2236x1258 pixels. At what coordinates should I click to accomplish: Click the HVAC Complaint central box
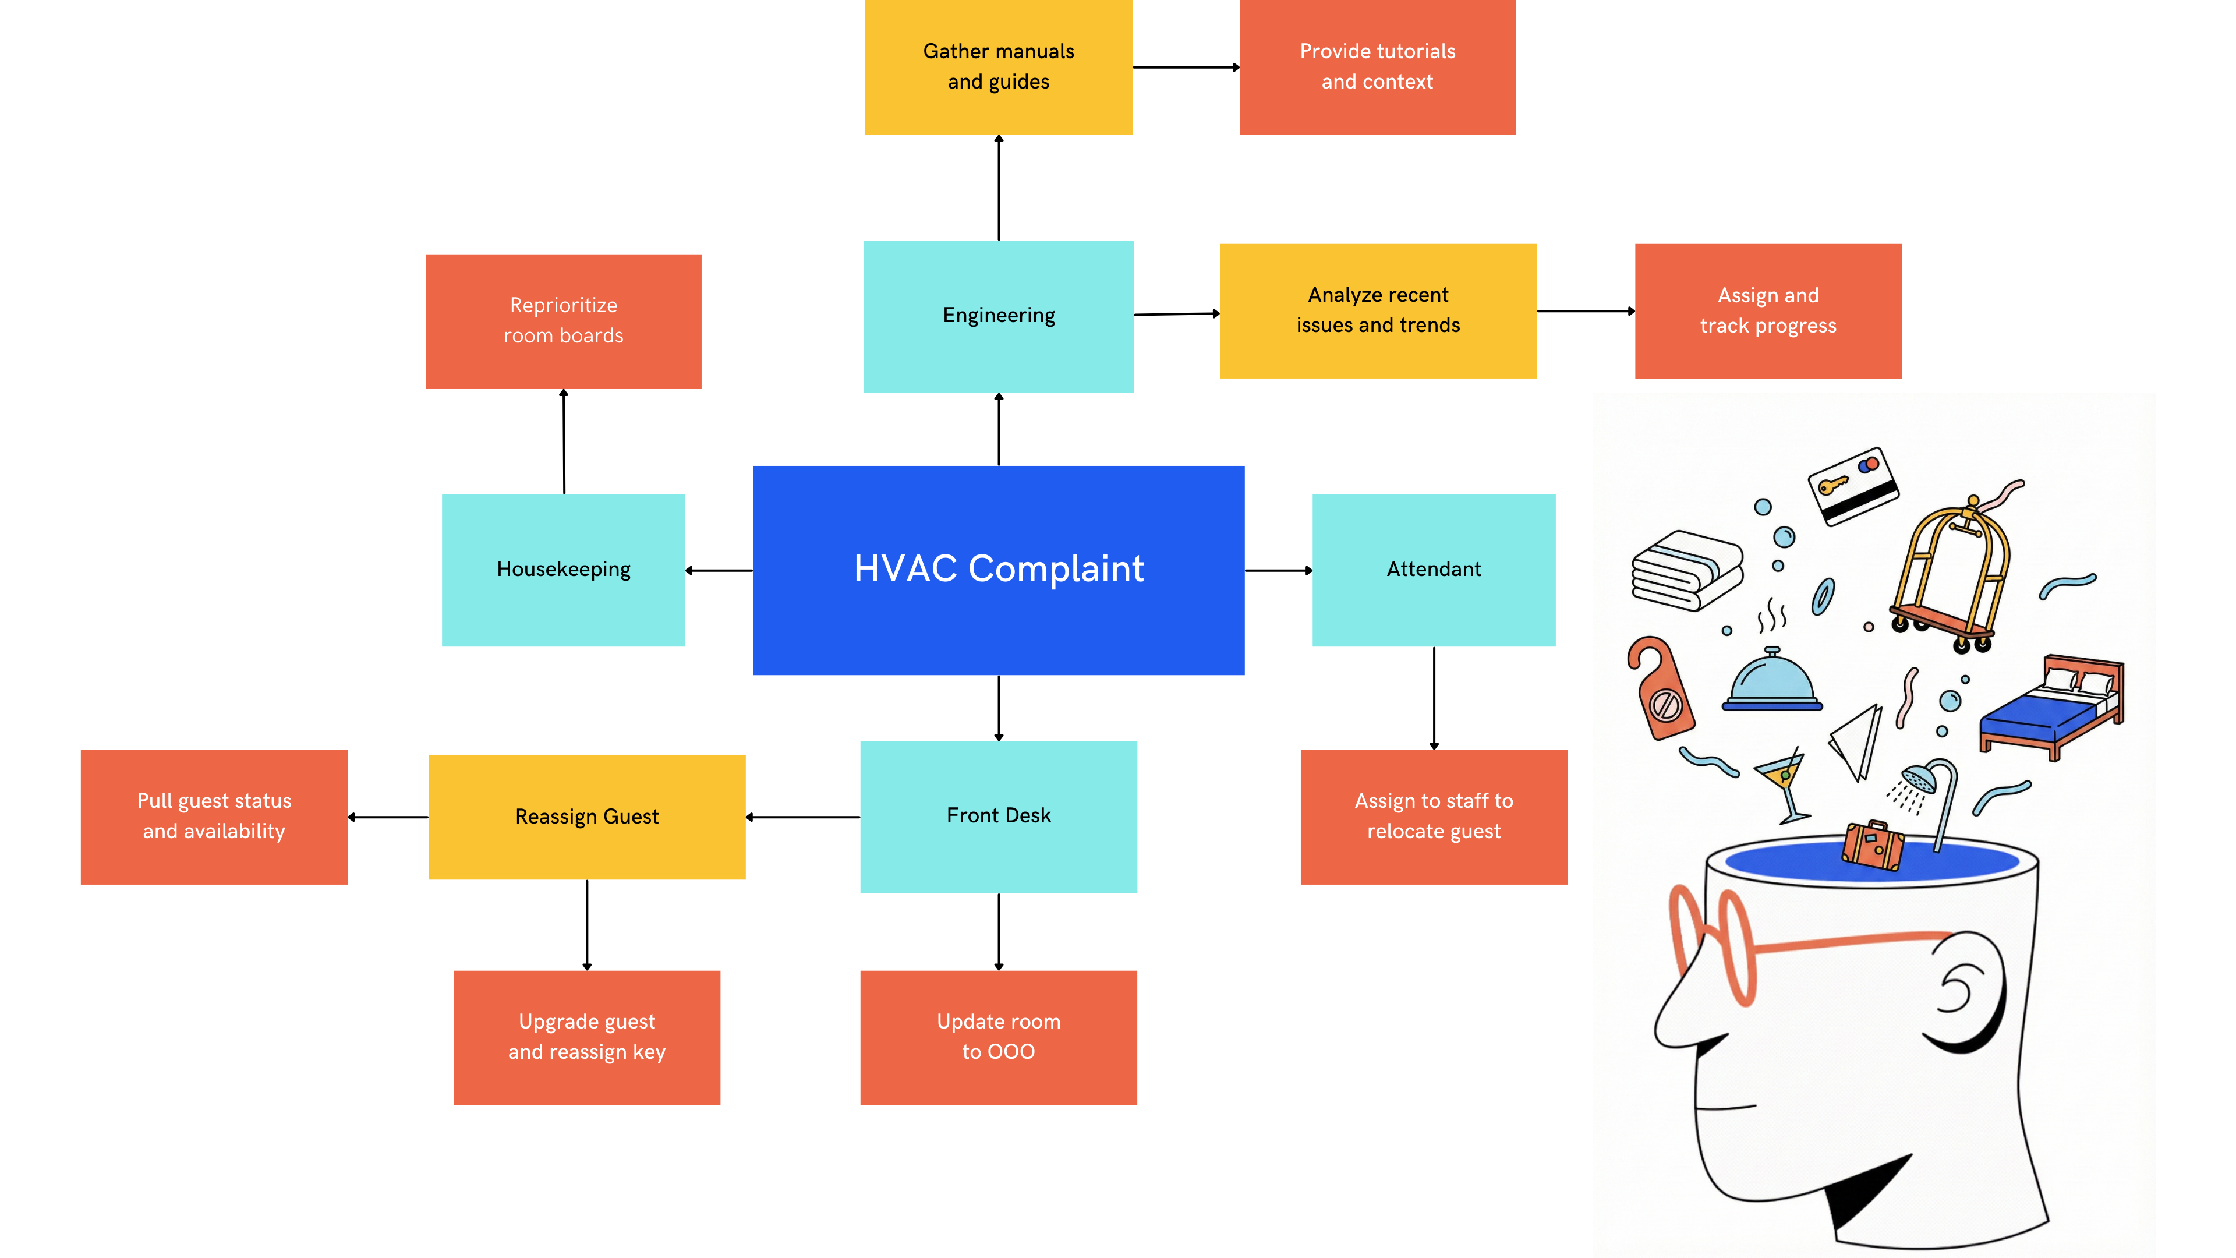(998, 570)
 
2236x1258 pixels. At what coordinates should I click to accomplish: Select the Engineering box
(998, 316)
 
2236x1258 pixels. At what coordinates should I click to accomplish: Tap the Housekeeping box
(563, 570)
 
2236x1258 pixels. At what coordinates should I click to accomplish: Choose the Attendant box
(1433, 570)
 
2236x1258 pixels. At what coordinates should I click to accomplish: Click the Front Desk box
(998, 816)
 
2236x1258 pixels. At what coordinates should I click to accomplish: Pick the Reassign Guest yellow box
(587, 816)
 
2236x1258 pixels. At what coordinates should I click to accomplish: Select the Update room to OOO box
(998, 1037)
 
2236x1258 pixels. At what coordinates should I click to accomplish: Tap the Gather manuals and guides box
(998, 67)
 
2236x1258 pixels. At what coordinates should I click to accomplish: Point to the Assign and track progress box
(1767, 311)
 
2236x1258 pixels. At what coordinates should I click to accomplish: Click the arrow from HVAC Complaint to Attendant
(1278, 570)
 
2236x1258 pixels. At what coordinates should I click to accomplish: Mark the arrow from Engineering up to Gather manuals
(998, 188)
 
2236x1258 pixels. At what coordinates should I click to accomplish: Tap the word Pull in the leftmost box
(154, 800)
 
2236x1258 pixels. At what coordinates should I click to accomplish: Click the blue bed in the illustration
(2049, 708)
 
